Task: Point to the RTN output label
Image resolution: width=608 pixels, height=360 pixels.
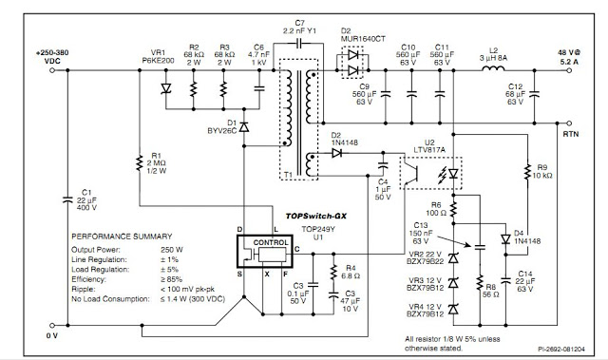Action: click(x=570, y=135)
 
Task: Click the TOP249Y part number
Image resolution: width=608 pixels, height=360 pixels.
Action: click(x=306, y=230)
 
